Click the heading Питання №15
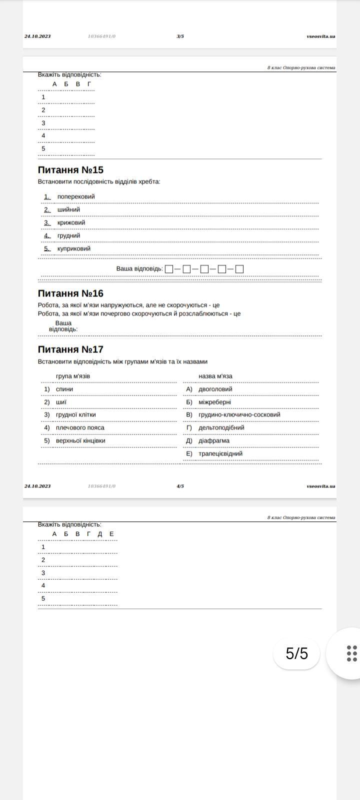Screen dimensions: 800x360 [x=70, y=170]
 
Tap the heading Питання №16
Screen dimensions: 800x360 [x=70, y=293]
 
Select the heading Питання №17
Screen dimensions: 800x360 [x=70, y=349]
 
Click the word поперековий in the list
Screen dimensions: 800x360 [x=76, y=197]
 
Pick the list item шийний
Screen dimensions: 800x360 [x=68, y=210]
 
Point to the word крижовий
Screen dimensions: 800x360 [x=71, y=223]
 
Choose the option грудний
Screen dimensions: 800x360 [x=69, y=236]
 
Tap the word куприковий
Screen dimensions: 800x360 [x=74, y=249]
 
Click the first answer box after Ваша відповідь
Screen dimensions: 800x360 [x=169, y=269]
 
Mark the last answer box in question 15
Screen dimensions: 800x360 [x=239, y=269]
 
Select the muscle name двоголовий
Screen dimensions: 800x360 [x=215, y=389]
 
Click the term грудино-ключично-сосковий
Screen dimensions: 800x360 [x=239, y=415]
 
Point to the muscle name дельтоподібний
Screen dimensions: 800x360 [x=221, y=428]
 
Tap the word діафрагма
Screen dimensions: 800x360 [x=214, y=441]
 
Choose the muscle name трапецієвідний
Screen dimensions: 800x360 [x=220, y=454]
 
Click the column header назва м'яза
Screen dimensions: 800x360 [x=215, y=376]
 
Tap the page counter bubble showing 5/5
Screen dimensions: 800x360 [x=296, y=653]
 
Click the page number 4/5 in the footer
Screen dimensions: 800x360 [x=180, y=486]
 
